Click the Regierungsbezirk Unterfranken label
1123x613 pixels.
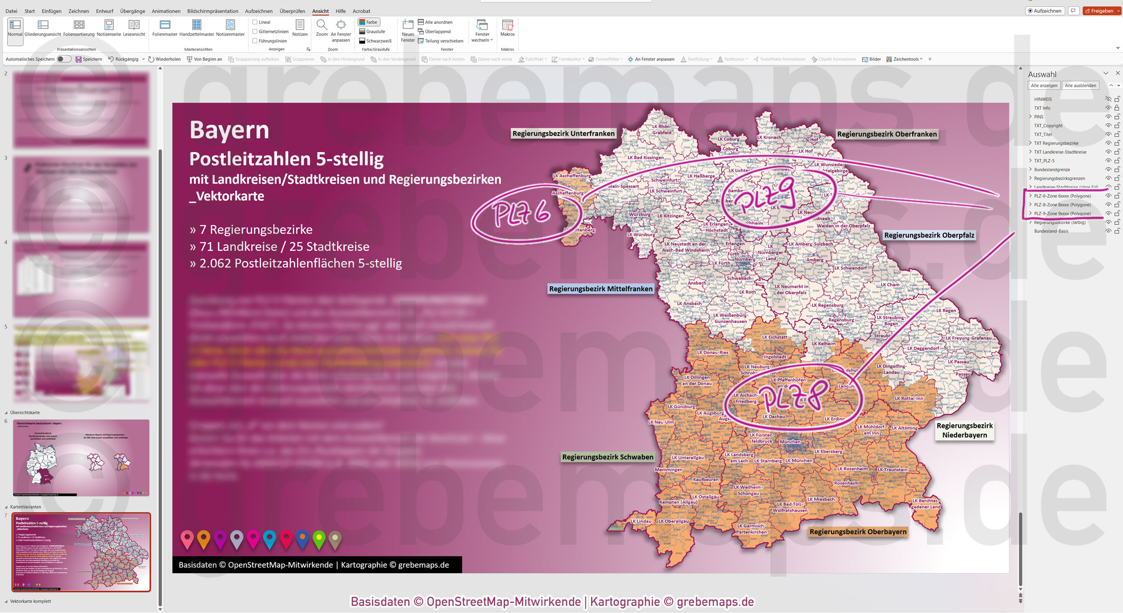pyautogui.click(x=563, y=134)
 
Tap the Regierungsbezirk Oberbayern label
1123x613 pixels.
pyautogui.click(x=858, y=532)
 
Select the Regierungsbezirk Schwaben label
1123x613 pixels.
pyautogui.click(x=607, y=457)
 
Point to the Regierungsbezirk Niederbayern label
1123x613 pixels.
pyautogui.click(x=964, y=430)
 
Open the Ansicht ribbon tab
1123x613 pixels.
pyautogui.click(x=320, y=11)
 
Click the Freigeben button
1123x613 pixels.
pyautogui.click(x=1102, y=11)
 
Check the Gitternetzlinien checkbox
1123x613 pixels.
pyautogui.click(x=255, y=32)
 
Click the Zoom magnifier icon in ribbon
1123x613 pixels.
pyautogui.click(x=322, y=25)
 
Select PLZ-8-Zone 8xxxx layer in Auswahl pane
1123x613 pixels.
pyautogui.click(x=1062, y=205)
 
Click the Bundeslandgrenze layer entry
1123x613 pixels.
pyautogui.click(x=1052, y=170)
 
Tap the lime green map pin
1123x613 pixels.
pyautogui.click(x=319, y=538)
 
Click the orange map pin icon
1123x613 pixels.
pyautogui.click(x=204, y=538)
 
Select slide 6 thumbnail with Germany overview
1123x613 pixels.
pyautogui.click(x=81, y=457)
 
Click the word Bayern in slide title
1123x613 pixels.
pyautogui.click(x=229, y=130)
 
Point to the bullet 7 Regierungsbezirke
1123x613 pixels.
pyautogui.click(x=251, y=229)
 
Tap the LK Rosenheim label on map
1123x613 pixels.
pyautogui.click(x=852, y=469)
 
